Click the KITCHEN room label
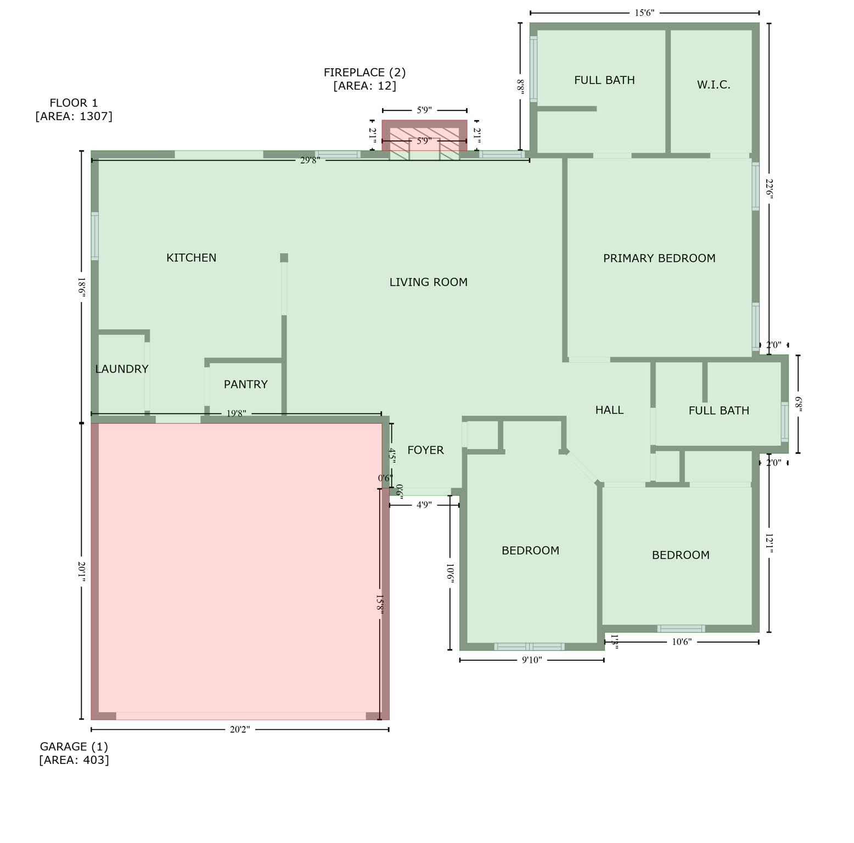(x=191, y=257)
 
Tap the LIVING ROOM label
(x=428, y=282)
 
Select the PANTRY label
(x=245, y=384)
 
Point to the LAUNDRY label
(x=121, y=369)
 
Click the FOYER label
(x=425, y=450)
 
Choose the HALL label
(x=609, y=410)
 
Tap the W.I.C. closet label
(x=713, y=85)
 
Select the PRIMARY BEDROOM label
(x=659, y=258)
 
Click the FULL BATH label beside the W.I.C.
(x=604, y=80)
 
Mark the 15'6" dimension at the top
(x=644, y=13)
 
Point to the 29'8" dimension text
(x=310, y=160)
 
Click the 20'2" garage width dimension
(x=239, y=729)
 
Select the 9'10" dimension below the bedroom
(x=531, y=660)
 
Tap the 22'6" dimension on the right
(x=769, y=188)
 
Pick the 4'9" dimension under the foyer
(x=424, y=505)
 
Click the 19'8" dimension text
(x=236, y=414)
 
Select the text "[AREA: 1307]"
(x=74, y=116)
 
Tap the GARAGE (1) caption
(x=74, y=746)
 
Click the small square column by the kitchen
(x=284, y=258)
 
